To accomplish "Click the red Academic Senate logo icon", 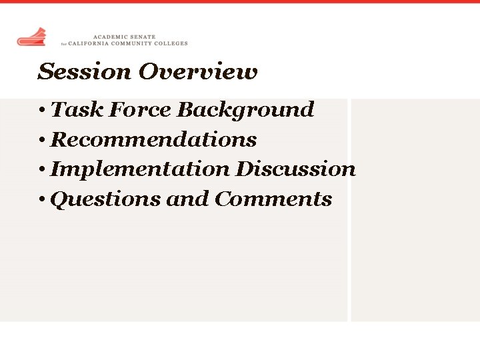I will click(31, 37).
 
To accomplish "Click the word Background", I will click(245, 109).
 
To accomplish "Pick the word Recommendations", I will click(153, 139).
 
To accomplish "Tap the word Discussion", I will click(295, 169).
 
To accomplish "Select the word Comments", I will click(273, 199).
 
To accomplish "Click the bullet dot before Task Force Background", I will click(42, 110).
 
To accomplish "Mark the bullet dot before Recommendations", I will click(42, 140).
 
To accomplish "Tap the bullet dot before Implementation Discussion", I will click(42, 169).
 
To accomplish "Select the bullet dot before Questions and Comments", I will click(42, 199).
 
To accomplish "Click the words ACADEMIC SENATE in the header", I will click(124, 37).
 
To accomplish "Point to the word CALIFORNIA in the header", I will click(91, 43).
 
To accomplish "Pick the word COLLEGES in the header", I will click(170, 43).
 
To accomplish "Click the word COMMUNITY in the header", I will click(132, 43).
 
